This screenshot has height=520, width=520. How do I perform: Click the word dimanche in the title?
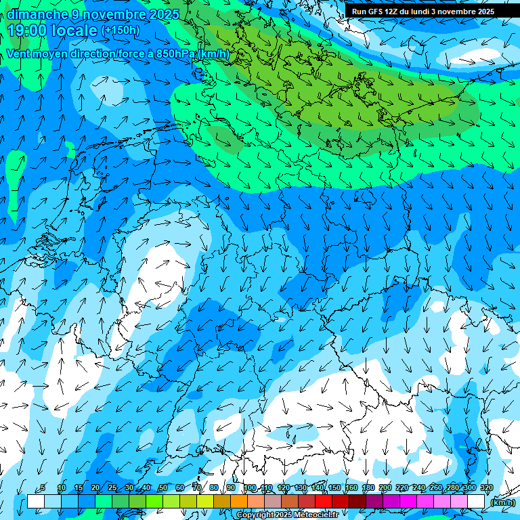point(37,14)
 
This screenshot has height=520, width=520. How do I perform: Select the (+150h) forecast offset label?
point(120,30)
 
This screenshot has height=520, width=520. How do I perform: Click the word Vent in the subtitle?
point(20,54)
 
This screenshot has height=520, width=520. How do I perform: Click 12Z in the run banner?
point(395,12)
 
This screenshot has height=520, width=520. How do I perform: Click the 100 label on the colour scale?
point(250,488)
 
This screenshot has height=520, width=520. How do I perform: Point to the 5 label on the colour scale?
point(43,488)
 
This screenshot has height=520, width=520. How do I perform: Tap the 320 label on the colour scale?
point(487,488)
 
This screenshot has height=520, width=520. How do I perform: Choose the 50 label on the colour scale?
point(163,488)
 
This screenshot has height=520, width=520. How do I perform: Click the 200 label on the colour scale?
point(385,488)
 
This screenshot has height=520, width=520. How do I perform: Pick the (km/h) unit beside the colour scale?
point(502,502)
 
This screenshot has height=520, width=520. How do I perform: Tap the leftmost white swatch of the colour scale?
point(36,502)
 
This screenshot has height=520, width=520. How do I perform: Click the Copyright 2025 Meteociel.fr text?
point(287,515)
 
